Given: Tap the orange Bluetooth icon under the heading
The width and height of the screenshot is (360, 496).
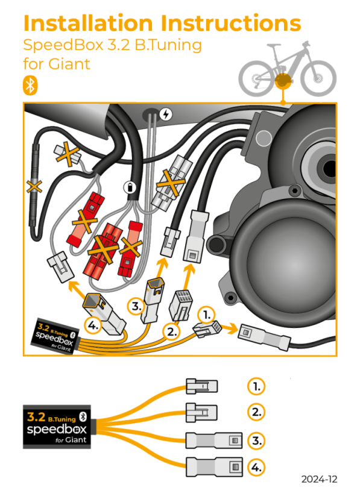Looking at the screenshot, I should point(30,85).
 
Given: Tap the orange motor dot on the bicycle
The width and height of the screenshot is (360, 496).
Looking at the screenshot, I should point(281,81).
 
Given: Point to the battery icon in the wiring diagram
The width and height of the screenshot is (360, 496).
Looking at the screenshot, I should point(128,187).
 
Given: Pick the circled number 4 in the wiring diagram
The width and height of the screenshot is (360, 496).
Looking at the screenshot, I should point(93,325).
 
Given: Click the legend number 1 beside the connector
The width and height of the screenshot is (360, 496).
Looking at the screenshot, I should point(256,386).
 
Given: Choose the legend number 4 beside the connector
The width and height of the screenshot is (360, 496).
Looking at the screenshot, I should point(256,466).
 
